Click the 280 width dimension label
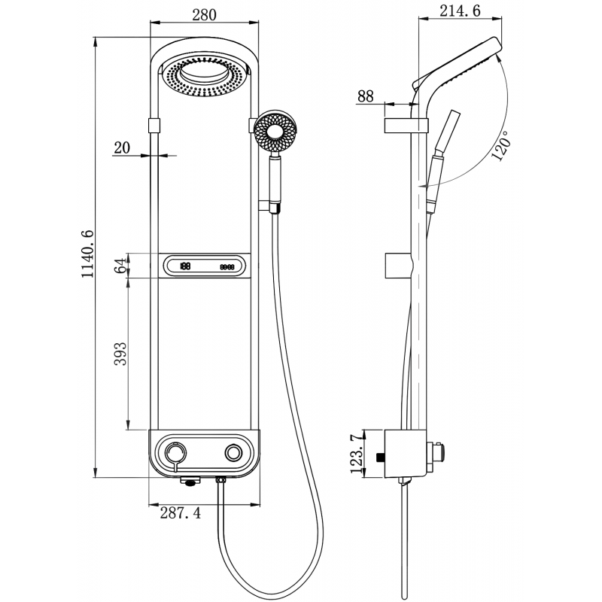[205, 14]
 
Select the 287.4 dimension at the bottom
[181, 513]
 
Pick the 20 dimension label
[121, 147]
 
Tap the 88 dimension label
[366, 96]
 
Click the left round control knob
[176, 452]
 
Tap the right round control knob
[234, 452]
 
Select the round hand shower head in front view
[276, 132]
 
